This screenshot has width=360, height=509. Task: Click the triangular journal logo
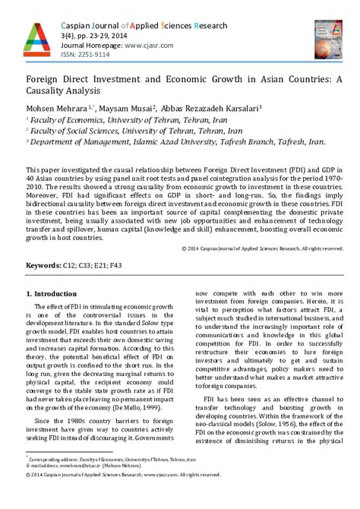tap(35, 42)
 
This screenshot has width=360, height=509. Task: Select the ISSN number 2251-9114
tap(103, 55)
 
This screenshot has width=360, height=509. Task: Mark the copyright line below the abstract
tap(258, 205)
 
